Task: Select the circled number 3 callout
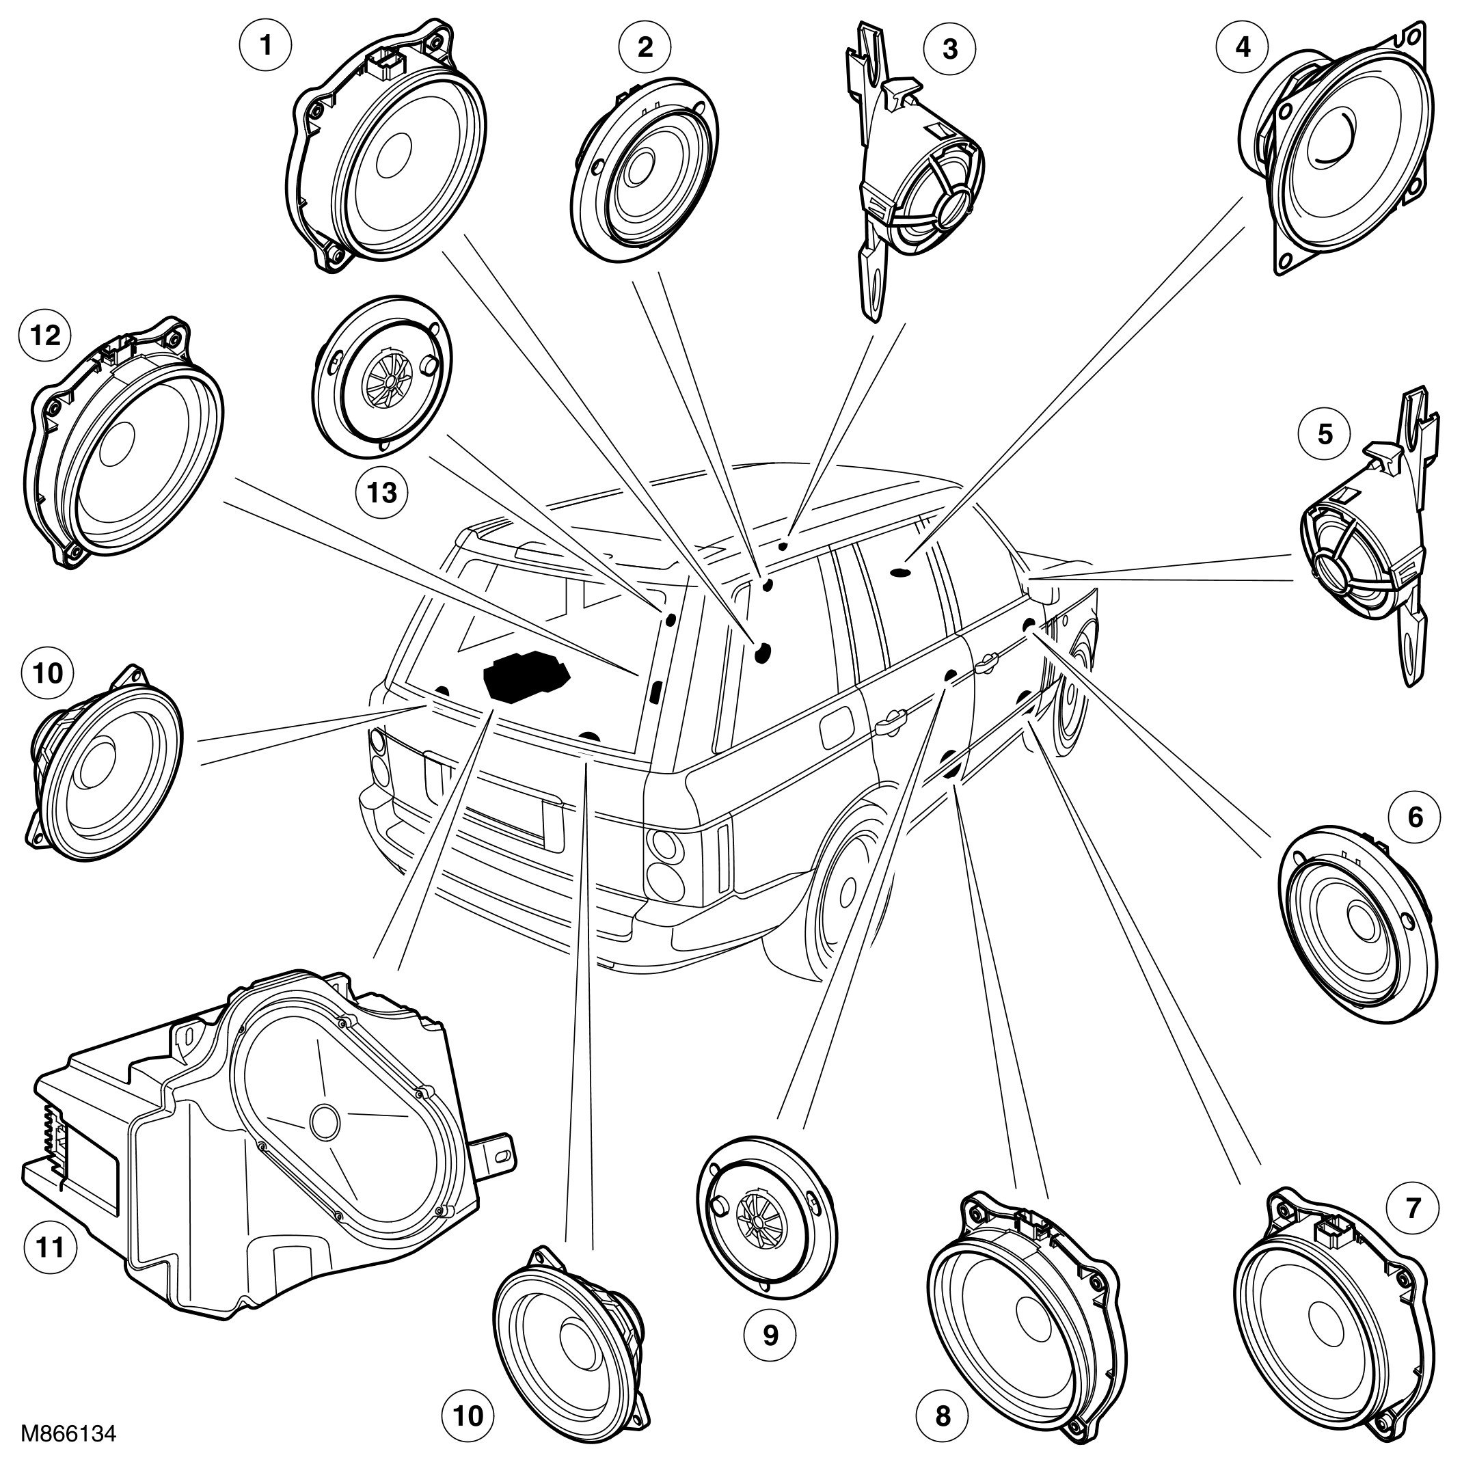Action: point(949,49)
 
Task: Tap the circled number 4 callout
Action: point(1243,46)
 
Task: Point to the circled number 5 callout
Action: point(1325,435)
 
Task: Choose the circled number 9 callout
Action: point(770,1335)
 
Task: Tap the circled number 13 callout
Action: point(381,493)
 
